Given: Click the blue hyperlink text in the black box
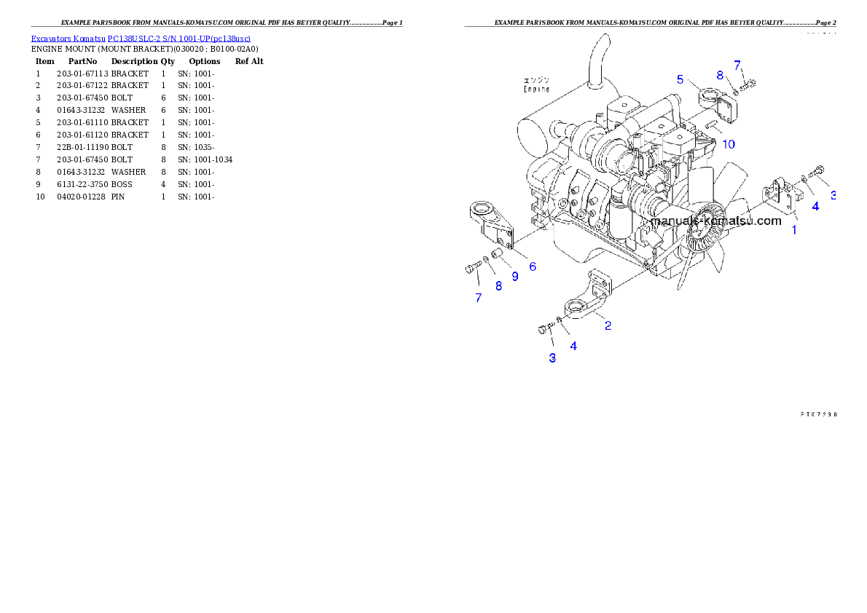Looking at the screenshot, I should point(141,39).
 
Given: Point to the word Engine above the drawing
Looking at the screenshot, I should point(536,89).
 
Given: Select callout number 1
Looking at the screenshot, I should point(794,230).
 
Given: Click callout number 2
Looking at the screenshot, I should point(608,325).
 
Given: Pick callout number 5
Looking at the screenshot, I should point(680,79).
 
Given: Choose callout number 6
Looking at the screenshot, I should point(533,266).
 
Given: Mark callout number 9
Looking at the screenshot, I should point(514,277).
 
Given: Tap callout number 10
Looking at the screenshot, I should point(729,144).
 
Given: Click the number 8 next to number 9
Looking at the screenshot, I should point(498,286).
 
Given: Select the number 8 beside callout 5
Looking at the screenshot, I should point(719,75).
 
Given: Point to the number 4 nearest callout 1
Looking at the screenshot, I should point(815,206).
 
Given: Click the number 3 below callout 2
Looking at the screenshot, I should point(552,357).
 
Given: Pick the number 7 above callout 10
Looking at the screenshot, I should point(737,65).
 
